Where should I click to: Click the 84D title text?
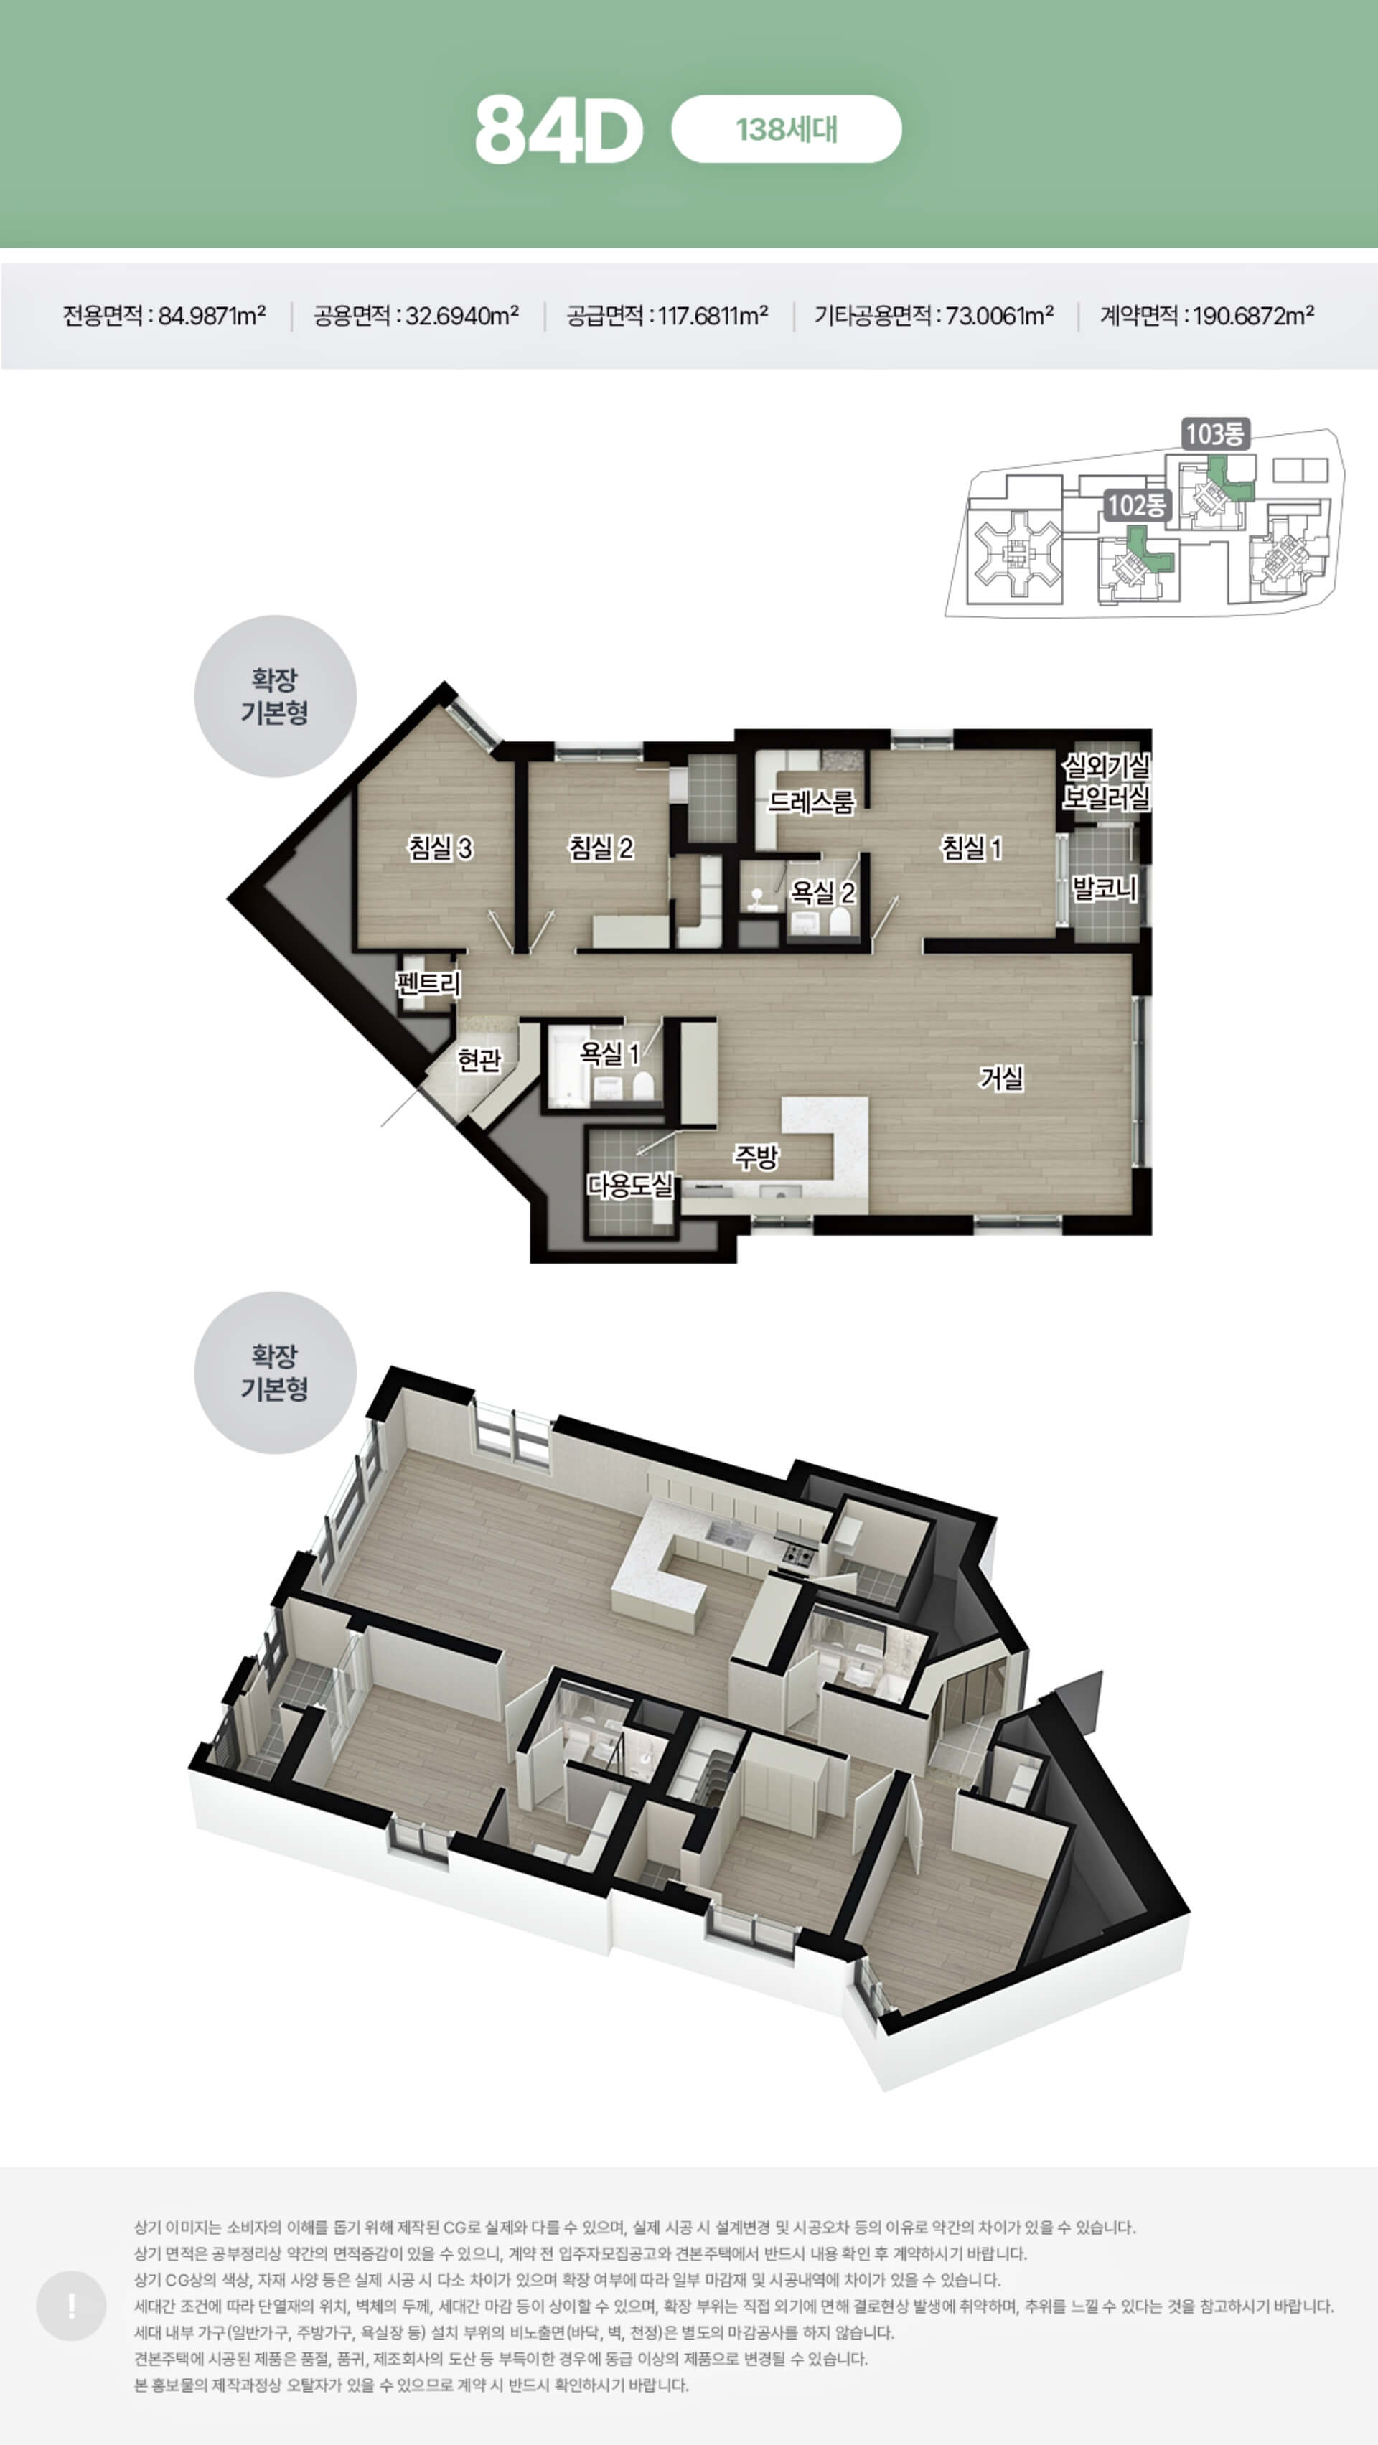(x=559, y=130)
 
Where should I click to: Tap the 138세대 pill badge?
(x=786, y=129)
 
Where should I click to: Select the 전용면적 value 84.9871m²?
(x=212, y=315)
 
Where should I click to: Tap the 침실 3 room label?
(x=441, y=848)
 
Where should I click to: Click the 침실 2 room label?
(x=601, y=848)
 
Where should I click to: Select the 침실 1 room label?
(x=972, y=848)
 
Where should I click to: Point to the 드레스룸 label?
(x=812, y=802)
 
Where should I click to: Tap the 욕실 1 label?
(x=609, y=1053)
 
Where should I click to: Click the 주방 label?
(x=756, y=1156)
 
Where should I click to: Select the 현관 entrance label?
(x=479, y=1059)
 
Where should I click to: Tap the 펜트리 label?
(x=429, y=983)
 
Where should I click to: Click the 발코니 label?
(x=1104, y=889)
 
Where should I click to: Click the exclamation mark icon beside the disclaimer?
(x=71, y=2325)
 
